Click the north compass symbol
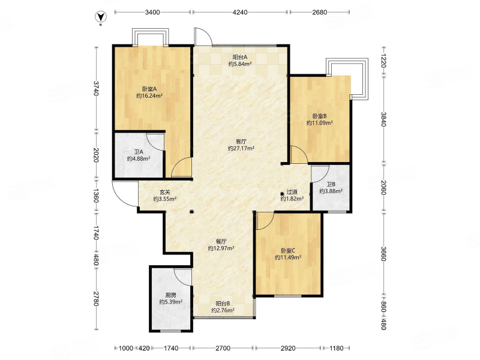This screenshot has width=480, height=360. [101, 17]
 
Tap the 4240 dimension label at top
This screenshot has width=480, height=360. [239, 12]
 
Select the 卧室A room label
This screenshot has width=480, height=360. [149, 89]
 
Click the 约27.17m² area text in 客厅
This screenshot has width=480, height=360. [241, 148]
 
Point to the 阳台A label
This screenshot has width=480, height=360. [240, 57]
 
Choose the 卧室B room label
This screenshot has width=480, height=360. [320, 116]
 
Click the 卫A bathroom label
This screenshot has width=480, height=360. [139, 152]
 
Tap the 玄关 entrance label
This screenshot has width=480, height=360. [164, 192]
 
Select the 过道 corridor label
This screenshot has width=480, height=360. [292, 192]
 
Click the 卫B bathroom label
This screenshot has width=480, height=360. [331, 184]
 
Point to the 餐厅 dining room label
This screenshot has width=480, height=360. [221, 241]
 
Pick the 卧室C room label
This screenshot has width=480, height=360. [288, 251]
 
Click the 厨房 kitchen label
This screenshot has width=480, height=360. [171, 295]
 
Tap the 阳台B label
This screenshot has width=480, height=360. [223, 304]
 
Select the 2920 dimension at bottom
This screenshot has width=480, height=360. [288, 348]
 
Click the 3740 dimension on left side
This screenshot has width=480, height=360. [96, 88]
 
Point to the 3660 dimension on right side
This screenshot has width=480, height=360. [383, 254]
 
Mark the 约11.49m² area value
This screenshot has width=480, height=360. [288, 257]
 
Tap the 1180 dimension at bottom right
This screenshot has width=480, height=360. [337, 348]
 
